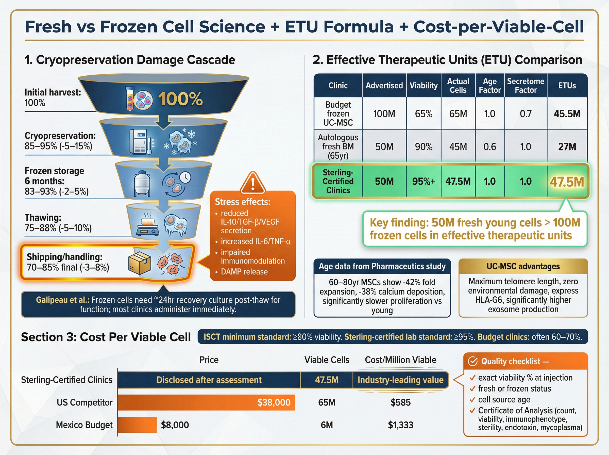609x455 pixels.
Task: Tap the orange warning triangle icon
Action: (x=253, y=183)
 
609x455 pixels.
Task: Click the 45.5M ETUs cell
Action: (x=567, y=114)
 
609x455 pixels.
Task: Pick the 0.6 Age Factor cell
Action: (x=489, y=147)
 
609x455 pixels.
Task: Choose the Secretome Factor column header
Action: (x=525, y=85)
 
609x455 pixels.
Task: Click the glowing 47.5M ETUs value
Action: (x=567, y=182)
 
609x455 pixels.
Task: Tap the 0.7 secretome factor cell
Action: (x=525, y=114)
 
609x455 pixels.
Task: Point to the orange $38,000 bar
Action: (x=206, y=402)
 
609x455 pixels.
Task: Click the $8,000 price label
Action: (x=175, y=425)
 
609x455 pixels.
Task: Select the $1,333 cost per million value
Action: (x=400, y=425)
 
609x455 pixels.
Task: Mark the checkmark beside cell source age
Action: (x=472, y=400)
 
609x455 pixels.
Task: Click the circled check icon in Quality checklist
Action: (x=473, y=361)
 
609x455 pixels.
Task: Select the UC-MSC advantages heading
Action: (x=523, y=266)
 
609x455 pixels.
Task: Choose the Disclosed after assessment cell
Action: (x=209, y=380)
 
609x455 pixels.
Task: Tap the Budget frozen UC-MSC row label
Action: (x=338, y=113)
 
